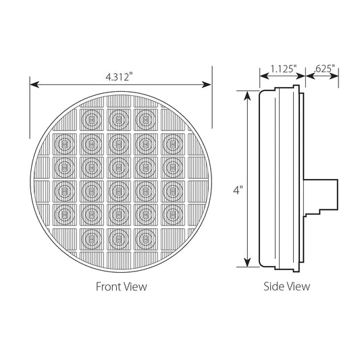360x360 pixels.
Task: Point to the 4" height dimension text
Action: (237, 191)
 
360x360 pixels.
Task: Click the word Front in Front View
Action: (108, 286)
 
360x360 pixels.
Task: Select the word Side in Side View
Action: (274, 286)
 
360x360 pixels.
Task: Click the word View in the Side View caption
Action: (299, 286)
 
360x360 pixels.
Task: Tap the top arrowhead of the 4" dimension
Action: (248, 94)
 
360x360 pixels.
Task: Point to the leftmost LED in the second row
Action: (63, 143)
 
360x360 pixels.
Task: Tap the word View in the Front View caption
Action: (134, 286)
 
